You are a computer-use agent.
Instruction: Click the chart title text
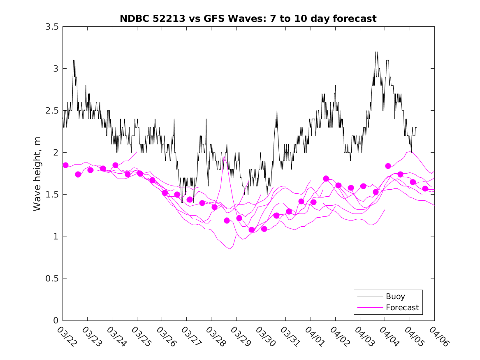point(248,19)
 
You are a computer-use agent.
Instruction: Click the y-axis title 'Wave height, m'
point(37,174)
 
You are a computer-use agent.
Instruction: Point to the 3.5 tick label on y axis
point(52,26)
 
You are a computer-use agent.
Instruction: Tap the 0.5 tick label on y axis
point(52,279)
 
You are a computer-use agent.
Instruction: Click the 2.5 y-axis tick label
point(52,110)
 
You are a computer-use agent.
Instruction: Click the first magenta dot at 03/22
point(65,165)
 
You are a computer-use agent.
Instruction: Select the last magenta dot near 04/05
point(425,188)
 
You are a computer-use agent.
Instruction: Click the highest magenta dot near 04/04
point(388,166)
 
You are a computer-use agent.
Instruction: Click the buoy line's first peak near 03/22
point(74,60)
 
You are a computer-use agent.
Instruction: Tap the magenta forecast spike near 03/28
point(224,157)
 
